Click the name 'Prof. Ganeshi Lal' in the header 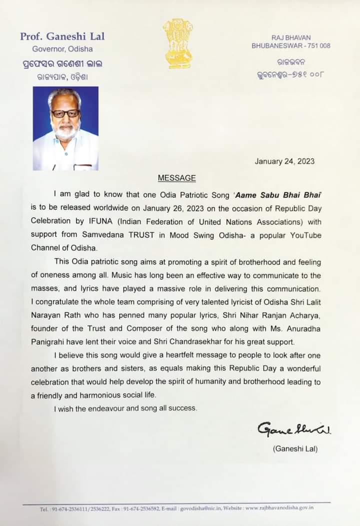click(62, 37)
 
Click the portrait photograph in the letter click(65, 128)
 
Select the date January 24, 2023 click(284, 161)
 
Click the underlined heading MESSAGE click(177, 178)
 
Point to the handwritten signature click(294, 429)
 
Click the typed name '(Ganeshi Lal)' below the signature click(295, 449)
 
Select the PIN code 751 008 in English click(318, 46)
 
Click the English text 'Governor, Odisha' click(62, 49)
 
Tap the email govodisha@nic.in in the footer click(202, 508)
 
